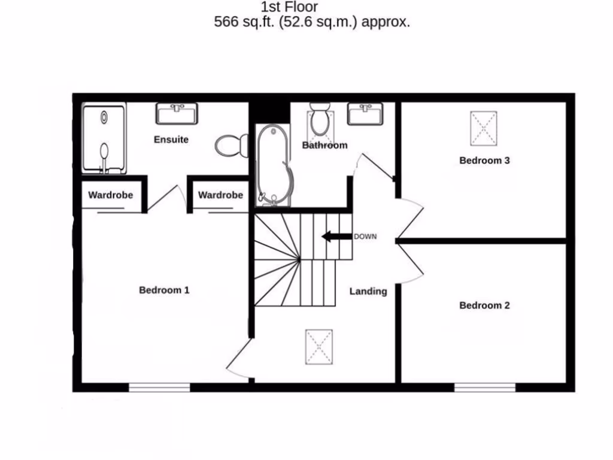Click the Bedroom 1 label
coord(164,290)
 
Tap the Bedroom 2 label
coord(484,305)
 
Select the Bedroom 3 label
coord(484,161)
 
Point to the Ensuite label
coord(171,140)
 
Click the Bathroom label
coord(324,146)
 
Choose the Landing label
coord(368,292)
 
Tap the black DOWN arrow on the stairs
coord(336,237)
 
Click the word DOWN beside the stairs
coord(365,237)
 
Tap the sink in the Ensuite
coord(177,113)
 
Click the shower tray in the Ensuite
coord(104,138)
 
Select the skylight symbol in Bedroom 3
coord(484,128)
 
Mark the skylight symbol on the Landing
coord(318,346)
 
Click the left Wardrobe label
coord(110,195)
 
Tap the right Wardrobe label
coord(220,195)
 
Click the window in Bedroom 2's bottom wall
coord(484,388)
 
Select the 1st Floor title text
coord(289,8)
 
